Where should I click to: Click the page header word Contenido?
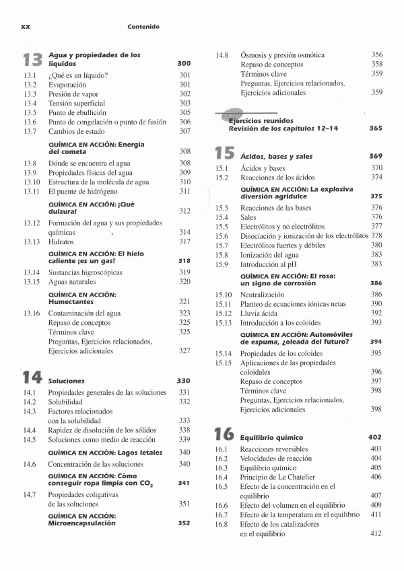pos(143,27)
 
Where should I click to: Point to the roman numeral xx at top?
pos(27,27)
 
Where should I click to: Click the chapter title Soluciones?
pos(67,381)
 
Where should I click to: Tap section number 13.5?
pos(29,113)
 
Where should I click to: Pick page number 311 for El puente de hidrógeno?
pos(184,191)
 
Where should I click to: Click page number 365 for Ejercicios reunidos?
pos(376,128)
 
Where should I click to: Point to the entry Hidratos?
pos(61,241)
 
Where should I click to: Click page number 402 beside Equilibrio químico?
pos(376,437)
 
